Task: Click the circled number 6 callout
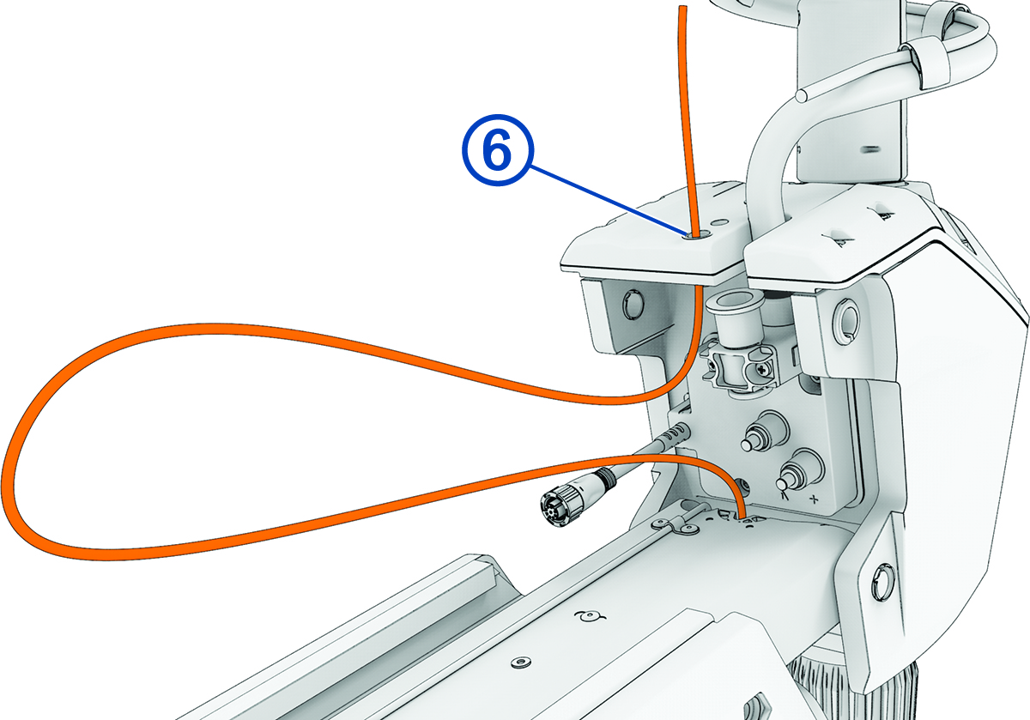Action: pos(495,153)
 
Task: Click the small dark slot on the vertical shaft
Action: pos(872,148)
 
